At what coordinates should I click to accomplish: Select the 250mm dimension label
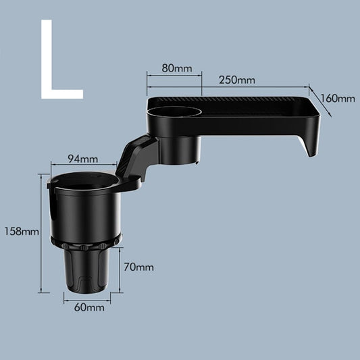coord(237,80)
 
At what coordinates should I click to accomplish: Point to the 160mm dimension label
coord(338,99)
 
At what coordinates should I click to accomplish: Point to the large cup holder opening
coord(85,183)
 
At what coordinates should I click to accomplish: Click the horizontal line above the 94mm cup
coord(85,166)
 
